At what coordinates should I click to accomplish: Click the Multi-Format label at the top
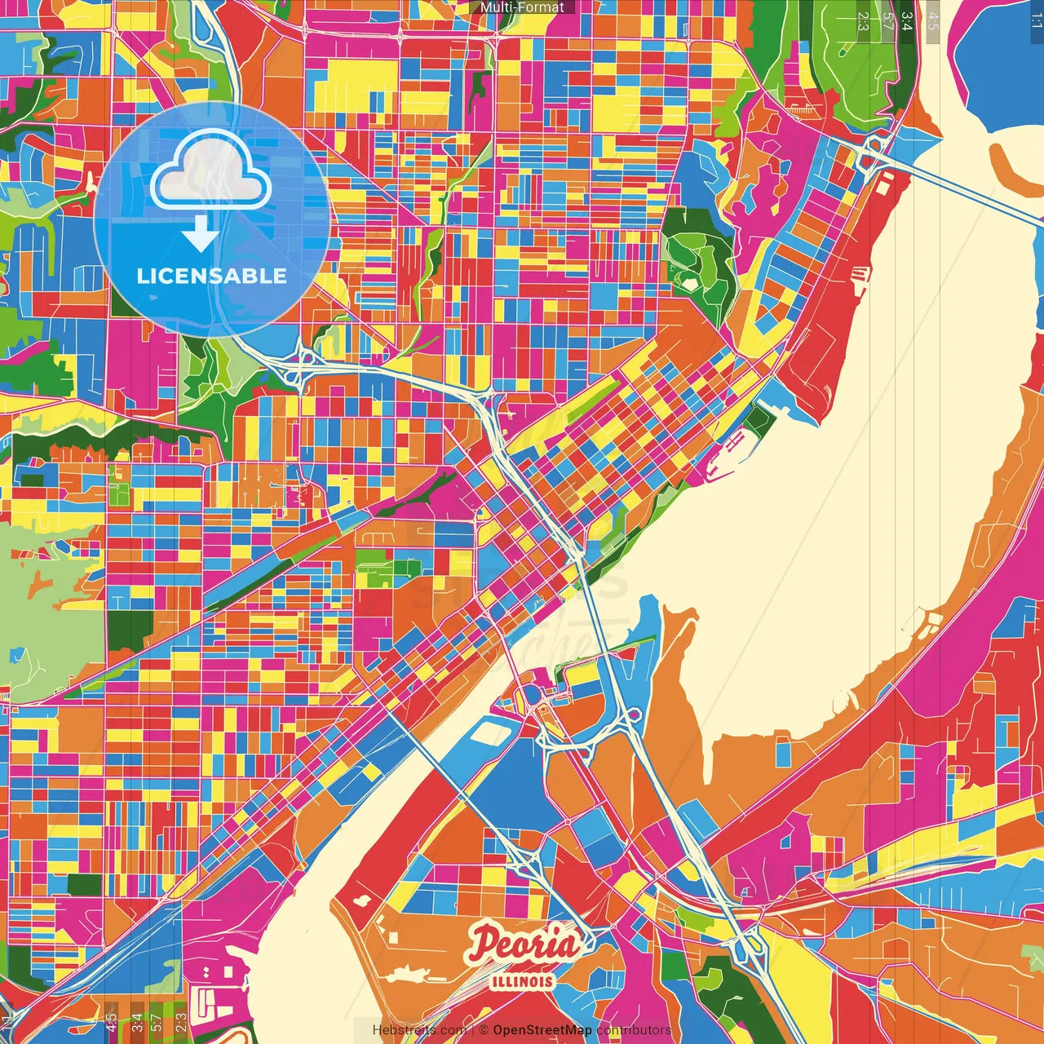522,7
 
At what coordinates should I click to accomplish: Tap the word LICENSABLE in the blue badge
211,276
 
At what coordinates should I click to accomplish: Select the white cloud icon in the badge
210,170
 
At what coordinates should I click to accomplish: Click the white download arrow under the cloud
200,235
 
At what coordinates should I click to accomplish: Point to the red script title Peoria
524,944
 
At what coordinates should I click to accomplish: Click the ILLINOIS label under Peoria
523,981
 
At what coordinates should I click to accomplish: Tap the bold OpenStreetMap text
542,1030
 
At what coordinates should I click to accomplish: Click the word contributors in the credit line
633,1030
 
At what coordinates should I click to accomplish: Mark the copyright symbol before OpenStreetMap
483,1030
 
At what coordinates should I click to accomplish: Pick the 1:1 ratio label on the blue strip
1036,18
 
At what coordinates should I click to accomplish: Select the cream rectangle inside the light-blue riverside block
489,732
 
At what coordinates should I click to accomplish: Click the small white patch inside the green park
690,285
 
